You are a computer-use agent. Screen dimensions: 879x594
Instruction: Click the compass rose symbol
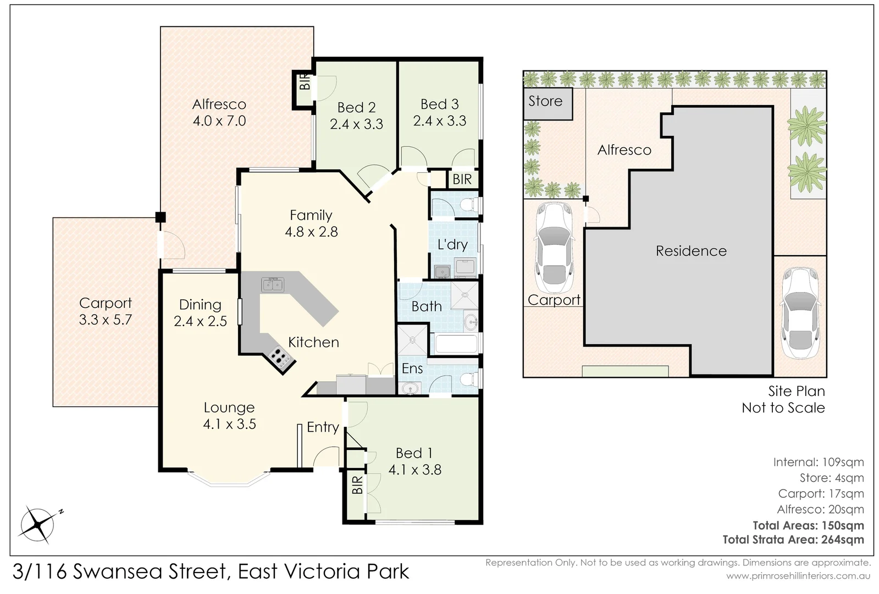tap(38, 525)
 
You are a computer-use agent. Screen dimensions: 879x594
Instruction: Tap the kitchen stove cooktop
tap(281, 358)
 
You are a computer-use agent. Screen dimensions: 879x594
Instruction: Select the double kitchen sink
tap(273, 285)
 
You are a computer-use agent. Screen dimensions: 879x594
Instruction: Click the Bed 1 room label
tap(414, 453)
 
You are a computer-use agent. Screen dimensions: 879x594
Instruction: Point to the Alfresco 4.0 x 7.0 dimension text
tap(219, 120)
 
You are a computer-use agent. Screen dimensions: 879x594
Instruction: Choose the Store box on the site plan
tap(548, 103)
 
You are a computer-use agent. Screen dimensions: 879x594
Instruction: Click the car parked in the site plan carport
tap(554, 248)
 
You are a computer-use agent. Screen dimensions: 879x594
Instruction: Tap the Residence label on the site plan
tap(691, 251)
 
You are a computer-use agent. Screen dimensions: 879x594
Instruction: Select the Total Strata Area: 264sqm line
tap(793, 540)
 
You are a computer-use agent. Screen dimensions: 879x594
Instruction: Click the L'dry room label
tap(452, 245)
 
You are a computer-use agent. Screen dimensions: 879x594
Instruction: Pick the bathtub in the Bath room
tap(456, 344)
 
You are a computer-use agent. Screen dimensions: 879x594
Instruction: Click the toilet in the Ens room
tap(469, 380)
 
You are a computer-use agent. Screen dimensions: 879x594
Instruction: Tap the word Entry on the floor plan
tap(323, 427)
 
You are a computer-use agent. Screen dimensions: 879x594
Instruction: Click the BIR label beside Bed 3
tap(462, 179)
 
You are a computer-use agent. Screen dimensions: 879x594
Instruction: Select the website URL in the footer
tap(793, 576)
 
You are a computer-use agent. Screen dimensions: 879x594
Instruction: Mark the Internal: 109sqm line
tap(819, 462)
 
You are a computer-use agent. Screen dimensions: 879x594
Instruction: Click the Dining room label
tap(200, 305)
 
